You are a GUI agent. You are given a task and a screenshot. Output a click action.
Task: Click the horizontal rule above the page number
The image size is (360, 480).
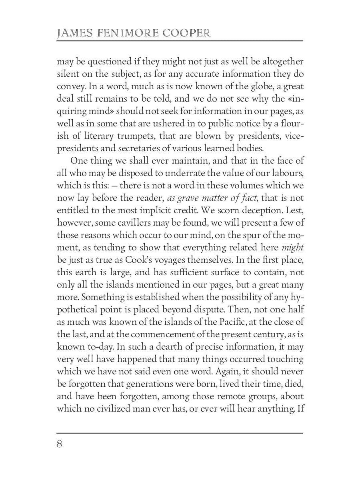(180, 432)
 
